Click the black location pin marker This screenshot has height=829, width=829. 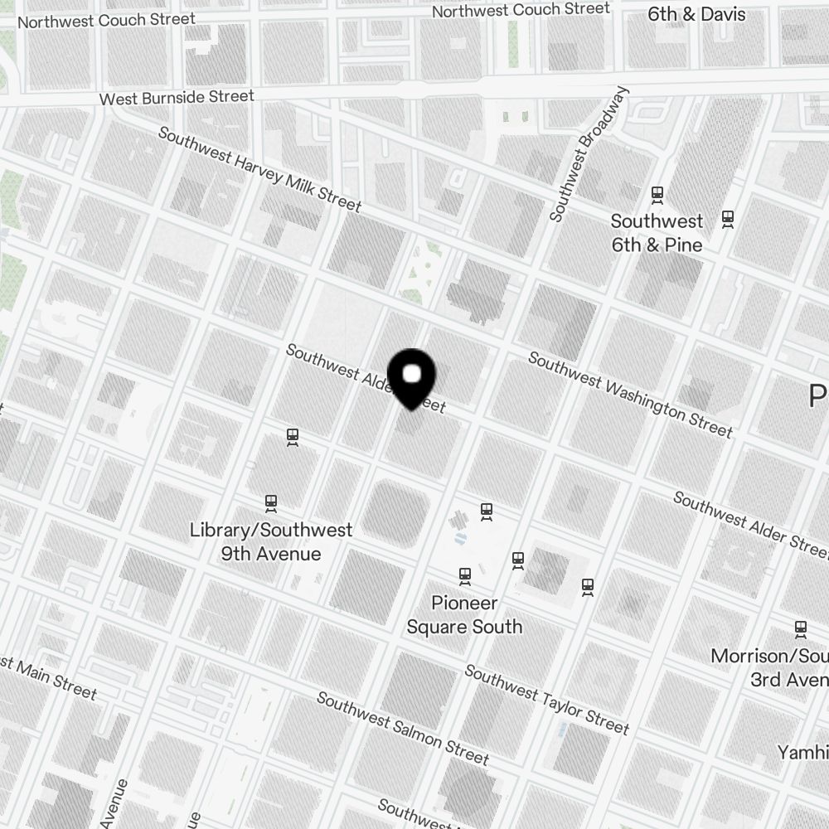click(412, 378)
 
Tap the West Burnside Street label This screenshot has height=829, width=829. click(177, 98)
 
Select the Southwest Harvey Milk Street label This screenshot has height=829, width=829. click(259, 169)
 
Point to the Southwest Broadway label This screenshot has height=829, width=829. click(589, 154)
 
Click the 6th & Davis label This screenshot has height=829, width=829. click(696, 14)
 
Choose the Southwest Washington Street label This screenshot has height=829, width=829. click(630, 395)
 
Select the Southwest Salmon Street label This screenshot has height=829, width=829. click(402, 728)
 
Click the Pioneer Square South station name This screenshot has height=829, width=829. click(464, 614)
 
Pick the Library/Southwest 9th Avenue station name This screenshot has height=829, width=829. click(271, 541)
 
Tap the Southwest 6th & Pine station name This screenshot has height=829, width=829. click(657, 233)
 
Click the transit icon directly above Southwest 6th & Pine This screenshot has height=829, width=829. click(657, 195)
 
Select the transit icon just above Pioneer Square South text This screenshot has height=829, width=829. click(465, 574)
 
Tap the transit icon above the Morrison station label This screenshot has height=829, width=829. click(801, 628)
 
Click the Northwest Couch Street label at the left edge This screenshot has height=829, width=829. click(106, 20)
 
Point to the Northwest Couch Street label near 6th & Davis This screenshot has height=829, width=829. click(521, 10)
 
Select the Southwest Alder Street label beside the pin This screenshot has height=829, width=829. click(365, 378)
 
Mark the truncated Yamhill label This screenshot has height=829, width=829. click(802, 752)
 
